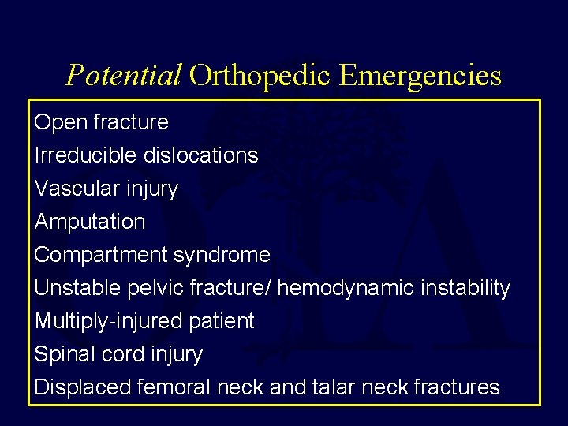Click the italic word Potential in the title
click(124, 76)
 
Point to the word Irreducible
click(86, 155)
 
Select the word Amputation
click(90, 222)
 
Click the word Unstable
click(77, 288)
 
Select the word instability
click(457, 288)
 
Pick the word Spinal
click(60, 354)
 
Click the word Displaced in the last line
click(83, 387)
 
